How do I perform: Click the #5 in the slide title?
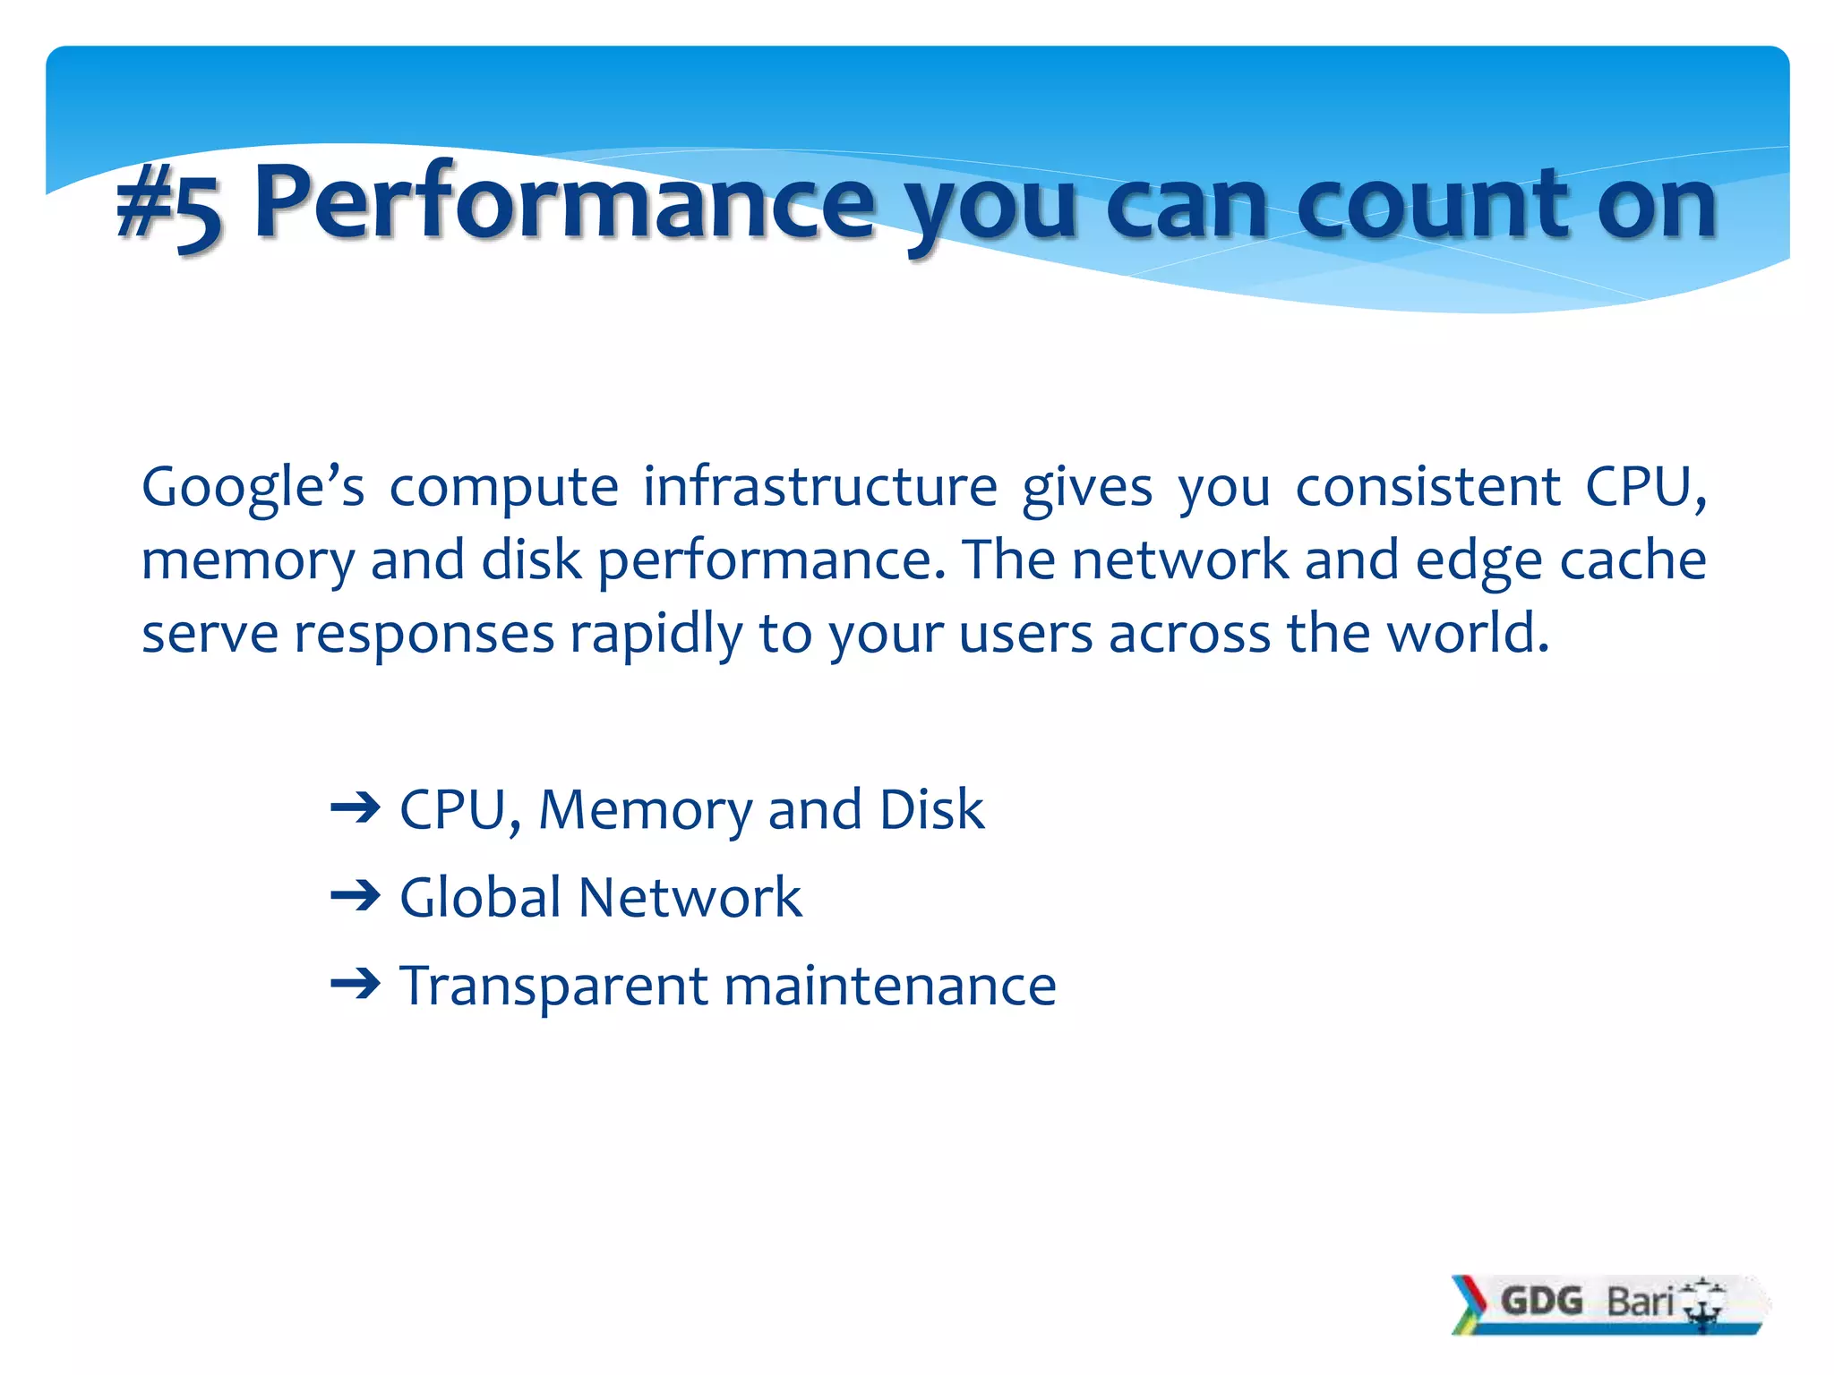(x=167, y=206)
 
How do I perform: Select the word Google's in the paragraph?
(x=253, y=488)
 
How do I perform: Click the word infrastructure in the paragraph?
(x=819, y=488)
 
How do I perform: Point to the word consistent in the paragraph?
(x=1427, y=488)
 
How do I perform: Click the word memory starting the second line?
(x=247, y=562)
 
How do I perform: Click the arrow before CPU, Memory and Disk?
(x=356, y=809)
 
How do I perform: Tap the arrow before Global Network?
(x=356, y=896)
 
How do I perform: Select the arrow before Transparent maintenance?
(x=356, y=985)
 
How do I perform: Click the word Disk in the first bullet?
(x=931, y=809)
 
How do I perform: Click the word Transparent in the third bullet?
(x=553, y=986)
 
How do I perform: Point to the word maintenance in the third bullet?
(x=890, y=986)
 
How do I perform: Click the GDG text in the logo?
(x=1541, y=1301)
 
